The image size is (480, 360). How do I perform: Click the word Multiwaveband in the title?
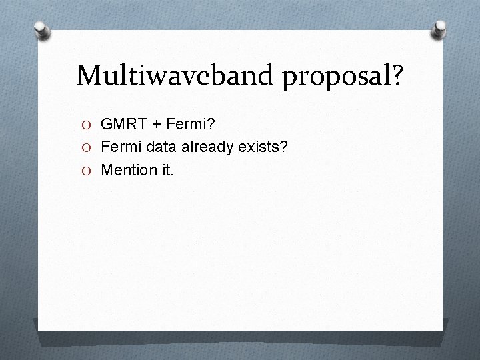pos(175,75)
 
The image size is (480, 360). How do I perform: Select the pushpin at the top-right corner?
pos(439,29)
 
